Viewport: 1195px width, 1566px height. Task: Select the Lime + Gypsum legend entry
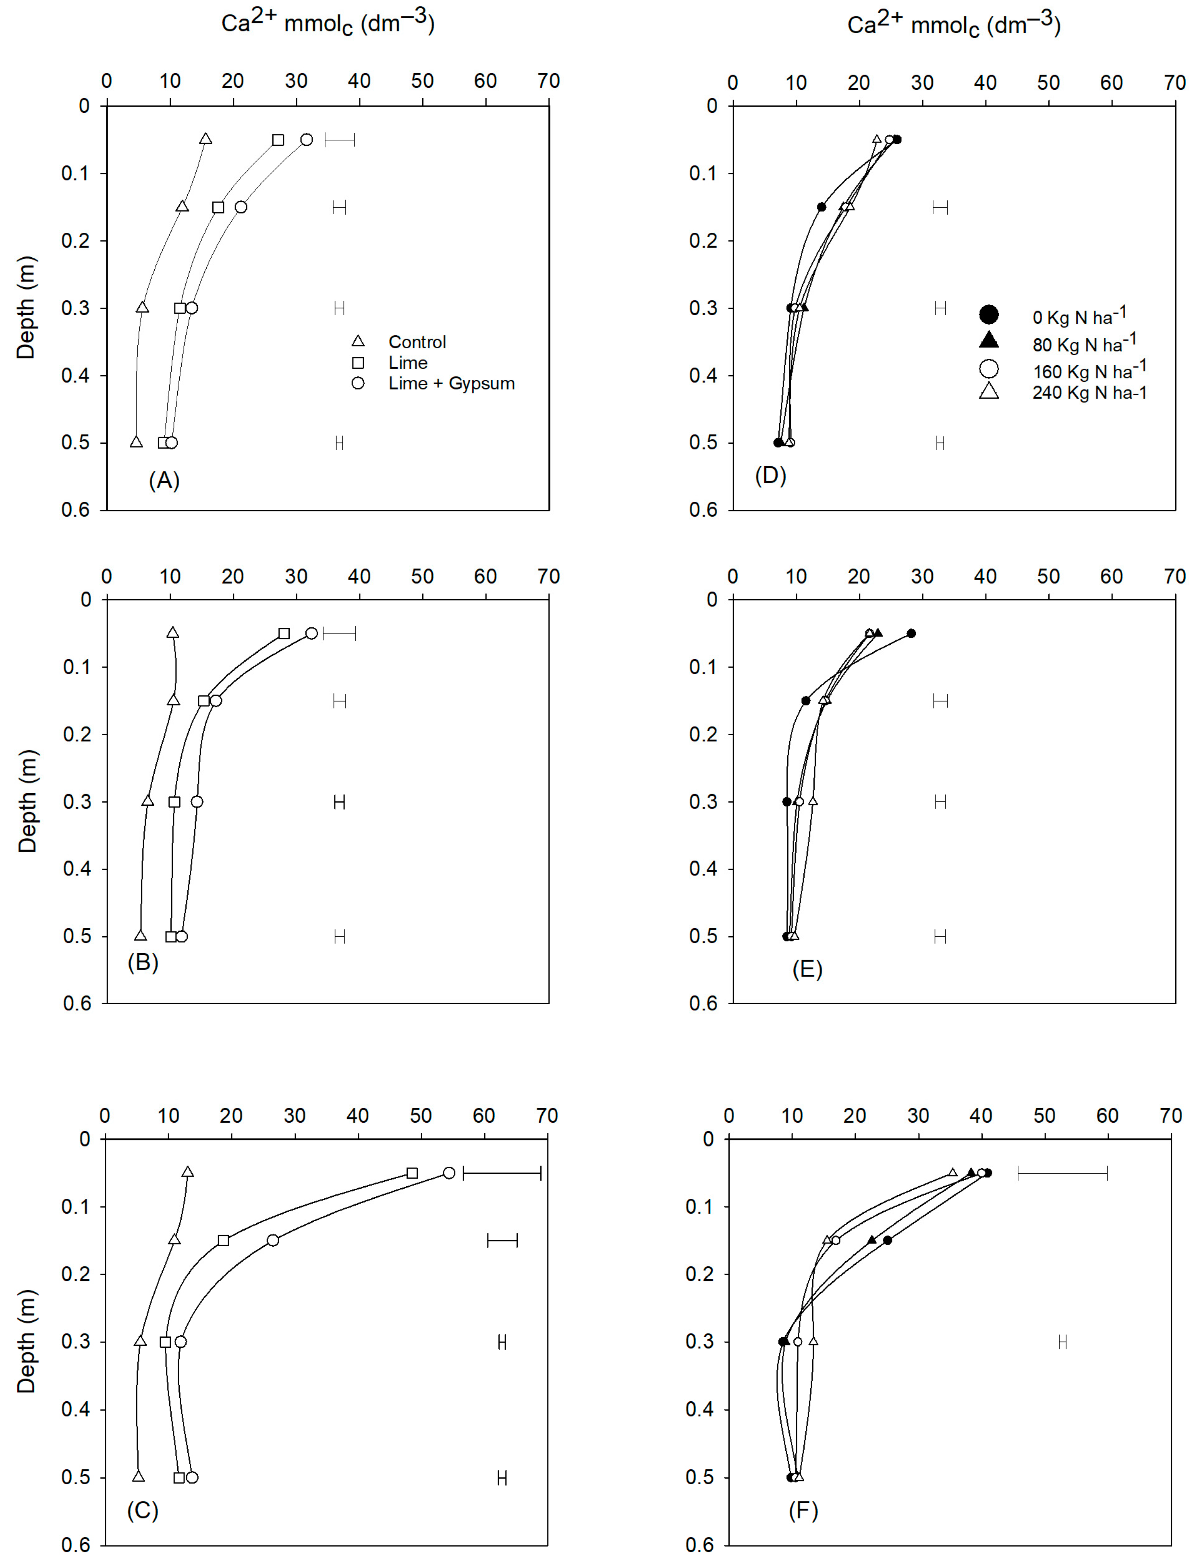click(x=451, y=384)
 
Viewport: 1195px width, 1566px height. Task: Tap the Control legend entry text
click(x=417, y=342)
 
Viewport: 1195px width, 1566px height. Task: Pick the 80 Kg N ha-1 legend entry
click(x=1084, y=343)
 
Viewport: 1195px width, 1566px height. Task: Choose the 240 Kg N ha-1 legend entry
click(x=1089, y=392)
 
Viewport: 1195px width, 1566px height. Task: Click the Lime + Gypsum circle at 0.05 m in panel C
click(x=449, y=1173)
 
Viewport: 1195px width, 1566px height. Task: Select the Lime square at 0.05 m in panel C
click(x=412, y=1173)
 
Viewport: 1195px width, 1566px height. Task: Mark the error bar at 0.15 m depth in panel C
click(x=502, y=1240)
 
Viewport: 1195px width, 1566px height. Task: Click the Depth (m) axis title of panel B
click(x=27, y=801)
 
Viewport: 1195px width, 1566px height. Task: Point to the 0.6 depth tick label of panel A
click(x=75, y=510)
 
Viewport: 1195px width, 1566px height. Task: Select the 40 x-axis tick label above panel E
click(x=985, y=577)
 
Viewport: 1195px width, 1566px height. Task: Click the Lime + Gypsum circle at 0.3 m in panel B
click(x=197, y=802)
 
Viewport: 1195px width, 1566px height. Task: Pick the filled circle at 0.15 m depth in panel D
click(x=822, y=207)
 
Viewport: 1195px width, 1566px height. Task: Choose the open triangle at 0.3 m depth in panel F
click(x=813, y=1341)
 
